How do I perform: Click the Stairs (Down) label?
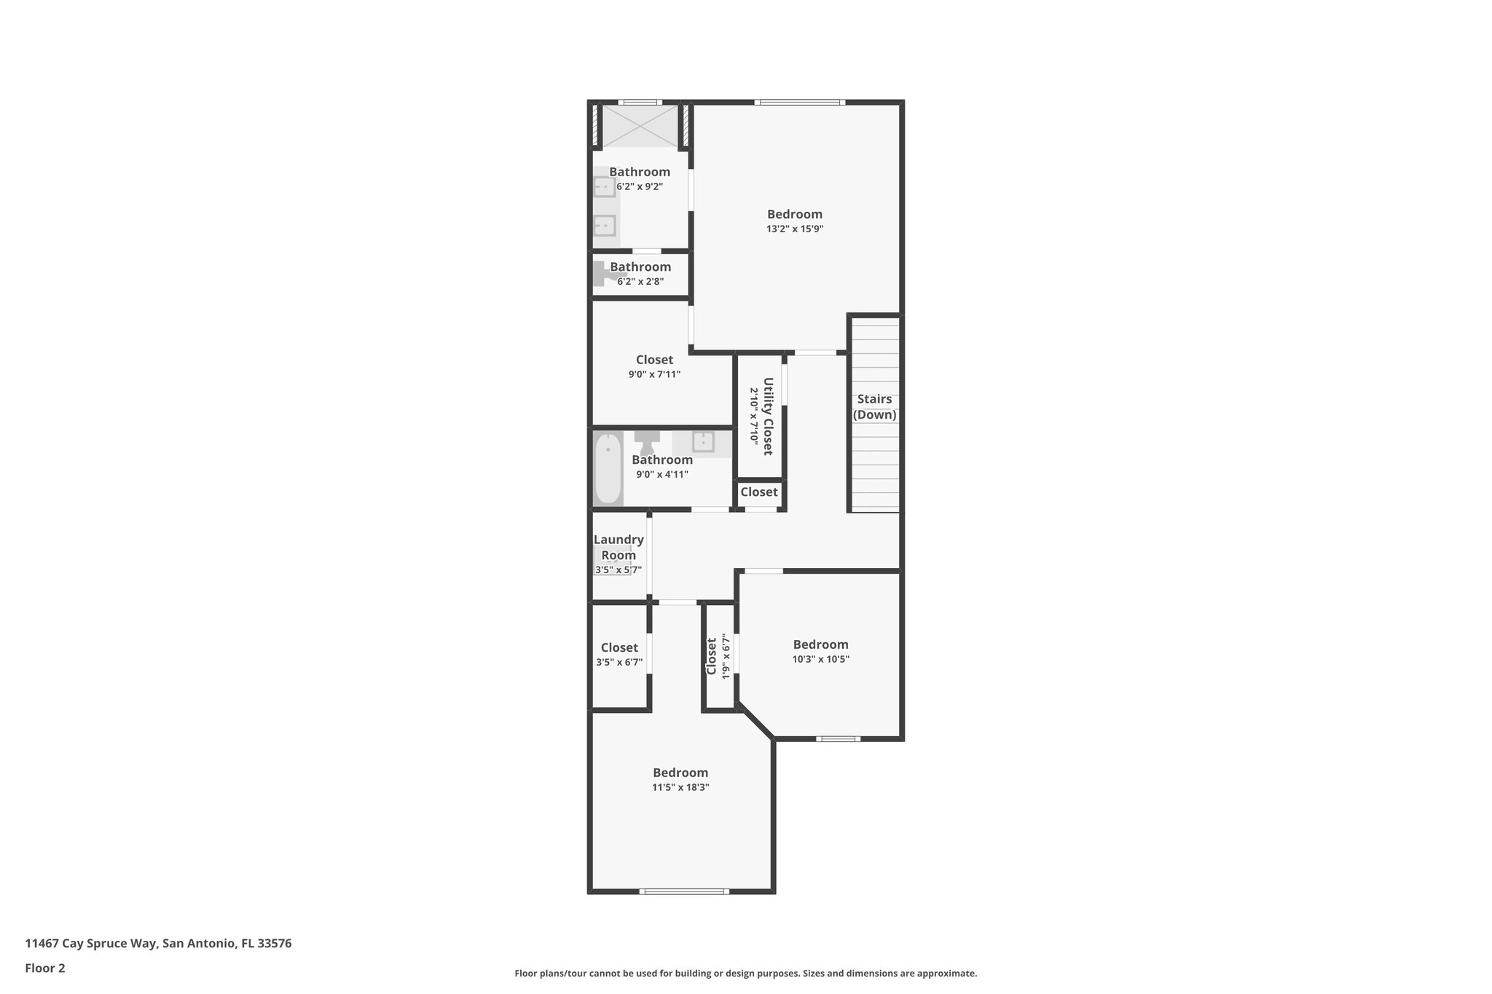click(874, 407)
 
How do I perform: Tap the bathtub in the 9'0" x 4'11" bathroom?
click(608, 468)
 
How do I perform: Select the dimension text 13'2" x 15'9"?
click(794, 229)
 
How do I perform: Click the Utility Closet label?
click(767, 416)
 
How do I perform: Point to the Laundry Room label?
click(619, 547)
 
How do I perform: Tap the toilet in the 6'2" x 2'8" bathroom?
click(604, 274)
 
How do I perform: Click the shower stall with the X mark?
click(640, 126)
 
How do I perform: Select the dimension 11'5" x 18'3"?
click(680, 787)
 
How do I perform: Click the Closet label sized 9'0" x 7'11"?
click(654, 360)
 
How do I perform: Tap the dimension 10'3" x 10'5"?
click(820, 660)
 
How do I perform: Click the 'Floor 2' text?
click(45, 968)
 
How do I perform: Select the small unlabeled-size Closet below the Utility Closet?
click(759, 492)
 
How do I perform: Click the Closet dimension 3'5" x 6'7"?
click(619, 663)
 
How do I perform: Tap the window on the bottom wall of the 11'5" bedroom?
click(683, 891)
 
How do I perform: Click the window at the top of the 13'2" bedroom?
click(799, 103)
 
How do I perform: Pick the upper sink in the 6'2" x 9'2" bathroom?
click(605, 187)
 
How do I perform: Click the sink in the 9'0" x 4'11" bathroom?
click(702, 442)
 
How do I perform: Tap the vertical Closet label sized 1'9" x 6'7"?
click(712, 656)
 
